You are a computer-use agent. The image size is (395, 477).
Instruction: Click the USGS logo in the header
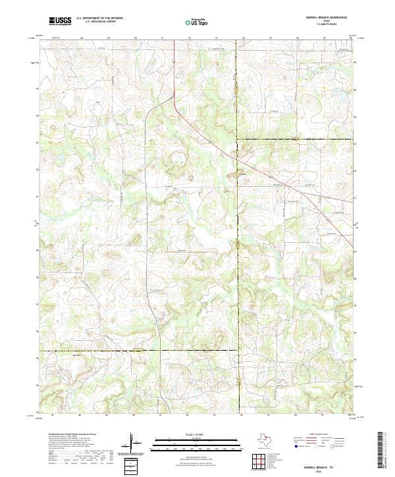[60, 21]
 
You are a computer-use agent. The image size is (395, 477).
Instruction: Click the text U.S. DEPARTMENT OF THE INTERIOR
[99, 18]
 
